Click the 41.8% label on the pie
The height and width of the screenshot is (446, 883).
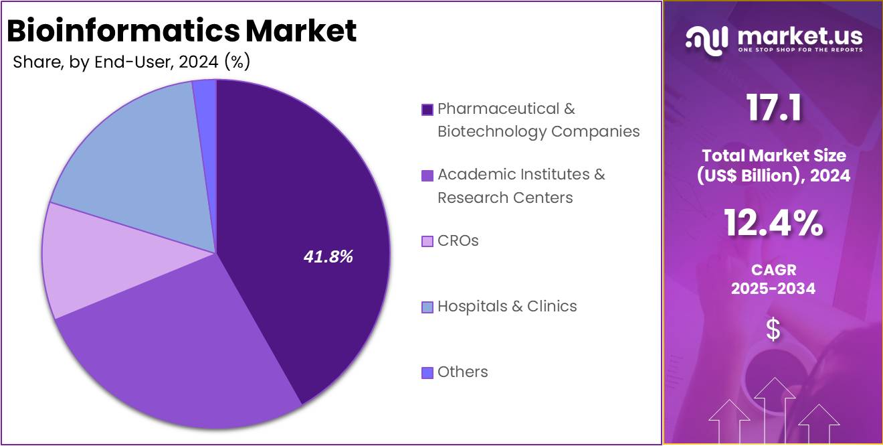click(x=328, y=256)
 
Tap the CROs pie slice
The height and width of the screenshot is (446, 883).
click(x=87, y=258)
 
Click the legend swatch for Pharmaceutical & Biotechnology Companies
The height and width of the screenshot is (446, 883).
click(x=427, y=110)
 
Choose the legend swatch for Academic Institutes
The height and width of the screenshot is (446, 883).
click(x=427, y=175)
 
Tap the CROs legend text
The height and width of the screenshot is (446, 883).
click(x=458, y=240)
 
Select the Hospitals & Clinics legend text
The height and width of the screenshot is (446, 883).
click(x=507, y=306)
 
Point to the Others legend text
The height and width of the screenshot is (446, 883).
click(x=463, y=372)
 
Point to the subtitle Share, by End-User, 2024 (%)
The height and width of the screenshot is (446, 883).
click(x=131, y=62)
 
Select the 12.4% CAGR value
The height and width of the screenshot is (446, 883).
click(x=773, y=224)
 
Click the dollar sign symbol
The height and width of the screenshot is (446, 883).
click(x=773, y=329)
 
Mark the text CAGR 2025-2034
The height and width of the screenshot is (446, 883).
click(x=773, y=279)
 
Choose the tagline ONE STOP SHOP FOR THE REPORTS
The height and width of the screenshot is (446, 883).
click(x=800, y=50)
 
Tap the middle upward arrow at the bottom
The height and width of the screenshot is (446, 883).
click(x=774, y=408)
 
